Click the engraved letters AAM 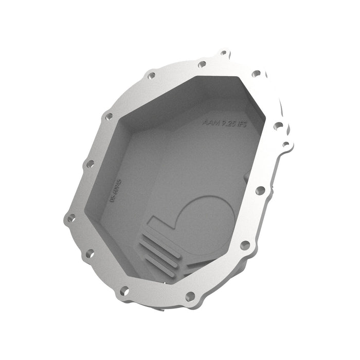click(211, 123)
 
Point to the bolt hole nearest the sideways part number click(89, 164)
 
